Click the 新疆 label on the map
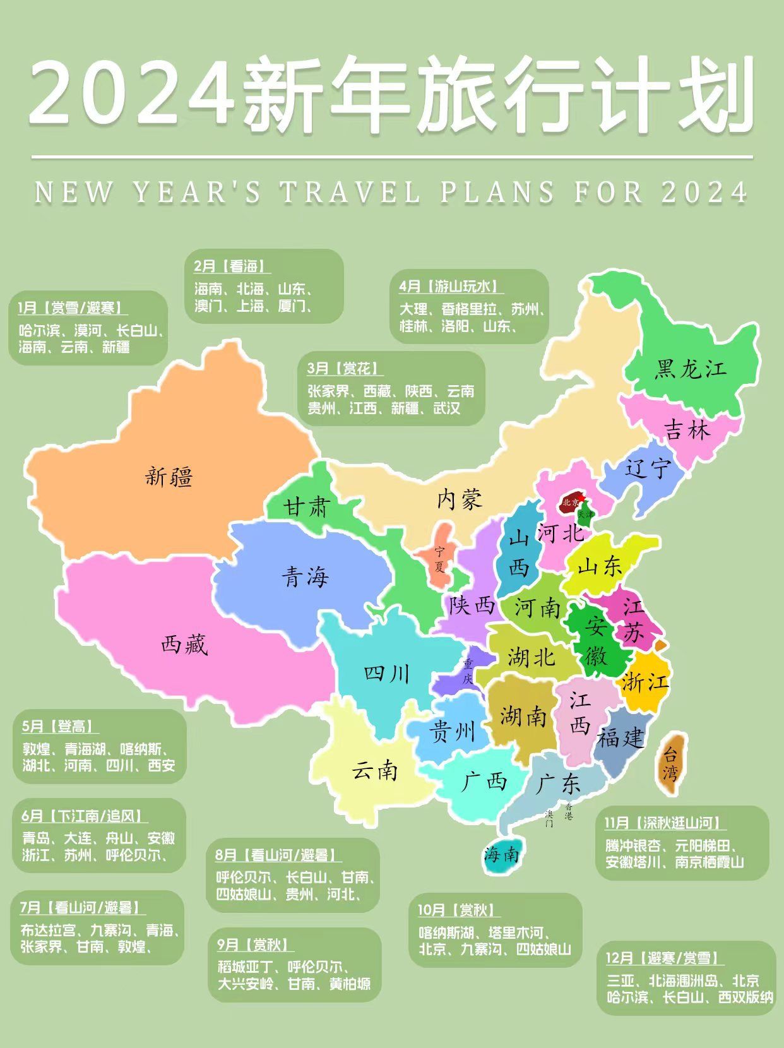click(x=169, y=477)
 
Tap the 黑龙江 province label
click(x=690, y=369)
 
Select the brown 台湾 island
click(x=670, y=763)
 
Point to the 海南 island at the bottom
click(x=502, y=855)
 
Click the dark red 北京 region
click(x=571, y=503)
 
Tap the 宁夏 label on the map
click(x=439, y=559)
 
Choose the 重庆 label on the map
click(x=468, y=672)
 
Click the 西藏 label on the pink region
click(x=184, y=645)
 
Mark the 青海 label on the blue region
click(x=305, y=576)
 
